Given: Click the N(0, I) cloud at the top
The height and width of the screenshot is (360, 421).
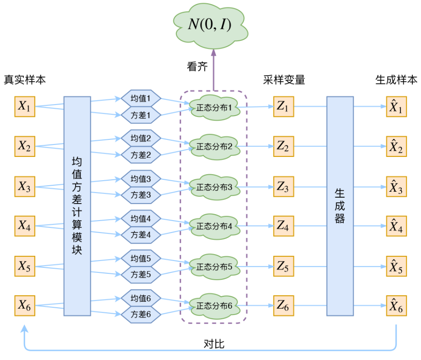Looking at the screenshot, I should pos(210,25).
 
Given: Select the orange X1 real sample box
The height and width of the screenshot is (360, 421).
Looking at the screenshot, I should pos(24,107).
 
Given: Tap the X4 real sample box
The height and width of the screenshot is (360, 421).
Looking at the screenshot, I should pos(24,226).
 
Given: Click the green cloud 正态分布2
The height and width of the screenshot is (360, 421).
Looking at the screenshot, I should pos(214,147).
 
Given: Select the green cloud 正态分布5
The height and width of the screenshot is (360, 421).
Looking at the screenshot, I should pos(214,266).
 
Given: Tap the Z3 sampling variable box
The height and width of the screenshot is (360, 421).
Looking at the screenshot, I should pos(283,187).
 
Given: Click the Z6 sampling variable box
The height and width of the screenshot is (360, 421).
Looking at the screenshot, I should pos(283,305).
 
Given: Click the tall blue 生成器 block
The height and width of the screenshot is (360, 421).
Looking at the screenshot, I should pos(339,206).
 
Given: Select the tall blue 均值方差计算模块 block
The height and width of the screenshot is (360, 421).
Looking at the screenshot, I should pos(77,206).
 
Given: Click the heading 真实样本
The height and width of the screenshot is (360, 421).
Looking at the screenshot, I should pos(25,80).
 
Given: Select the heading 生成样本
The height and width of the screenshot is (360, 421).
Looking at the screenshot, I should pos(396,80).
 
